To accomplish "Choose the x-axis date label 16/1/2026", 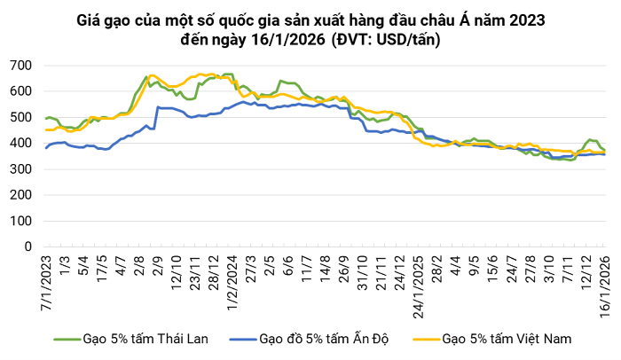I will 606,282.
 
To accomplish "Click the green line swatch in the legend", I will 65,339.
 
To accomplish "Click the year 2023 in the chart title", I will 527,20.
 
